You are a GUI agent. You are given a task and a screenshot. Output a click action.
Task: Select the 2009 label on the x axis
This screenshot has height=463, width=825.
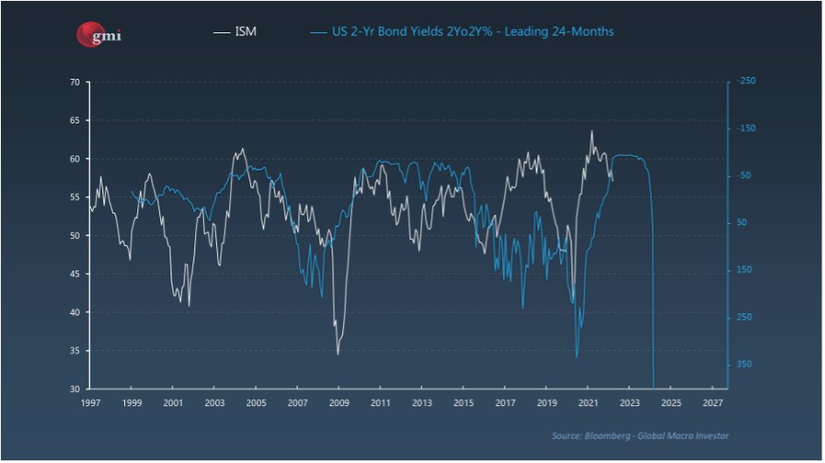pyautogui.click(x=339, y=403)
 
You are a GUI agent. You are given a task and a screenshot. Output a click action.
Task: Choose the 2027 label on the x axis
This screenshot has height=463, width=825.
pyautogui.click(x=712, y=403)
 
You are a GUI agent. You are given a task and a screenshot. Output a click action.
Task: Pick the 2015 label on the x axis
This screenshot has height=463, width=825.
pyautogui.click(x=464, y=403)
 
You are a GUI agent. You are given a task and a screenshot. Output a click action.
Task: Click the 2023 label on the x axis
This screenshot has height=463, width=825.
pyautogui.click(x=629, y=403)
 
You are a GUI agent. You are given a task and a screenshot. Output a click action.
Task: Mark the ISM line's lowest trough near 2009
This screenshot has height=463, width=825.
pyautogui.click(x=338, y=354)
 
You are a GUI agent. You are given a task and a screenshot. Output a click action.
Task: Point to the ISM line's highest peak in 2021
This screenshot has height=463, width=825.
pyautogui.click(x=591, y=131)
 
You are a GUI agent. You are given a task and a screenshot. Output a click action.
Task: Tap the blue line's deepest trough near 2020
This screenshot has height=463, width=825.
pyautogui.click(x=577, y=357)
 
